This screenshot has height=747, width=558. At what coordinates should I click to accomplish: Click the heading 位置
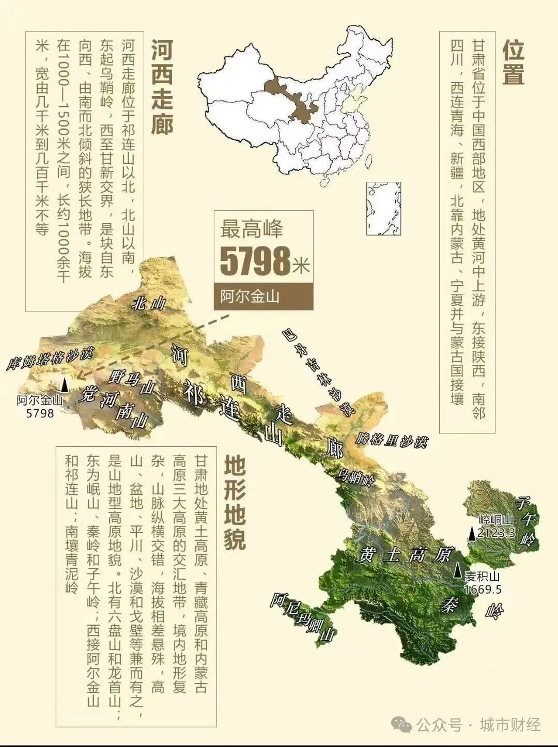(514, 63)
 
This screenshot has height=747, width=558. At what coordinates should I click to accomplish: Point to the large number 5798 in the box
(255, 262)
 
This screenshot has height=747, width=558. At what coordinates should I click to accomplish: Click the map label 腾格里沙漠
(392, 440)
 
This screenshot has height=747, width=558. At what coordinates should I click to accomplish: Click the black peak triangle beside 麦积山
(458, 570)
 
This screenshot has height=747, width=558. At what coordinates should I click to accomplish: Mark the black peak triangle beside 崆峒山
(472, 534)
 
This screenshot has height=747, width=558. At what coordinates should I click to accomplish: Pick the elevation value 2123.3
(496, 532)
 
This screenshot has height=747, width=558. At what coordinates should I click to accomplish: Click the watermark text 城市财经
(510, 725)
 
